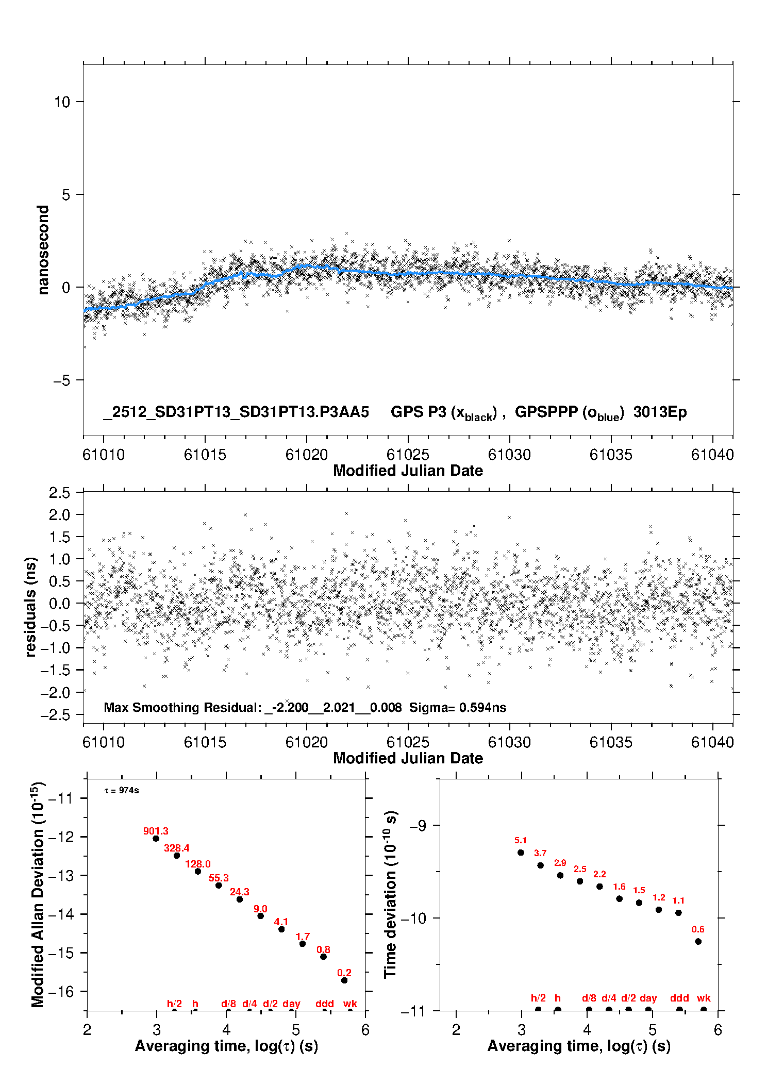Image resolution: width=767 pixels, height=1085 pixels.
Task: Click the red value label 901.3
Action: [x=156, y=831]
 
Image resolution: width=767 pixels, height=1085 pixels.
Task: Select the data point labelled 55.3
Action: [x=219, y=886]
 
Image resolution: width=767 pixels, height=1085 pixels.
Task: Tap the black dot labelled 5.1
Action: [x=521, y=853]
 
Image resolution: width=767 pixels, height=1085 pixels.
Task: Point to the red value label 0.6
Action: [x=698, y=929]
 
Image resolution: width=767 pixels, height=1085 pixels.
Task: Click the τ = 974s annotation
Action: [x=122, y=791]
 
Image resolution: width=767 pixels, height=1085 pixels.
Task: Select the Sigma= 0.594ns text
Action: [x=458, y=708]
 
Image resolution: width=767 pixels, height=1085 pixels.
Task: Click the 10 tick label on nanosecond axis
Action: [x=62, y=102]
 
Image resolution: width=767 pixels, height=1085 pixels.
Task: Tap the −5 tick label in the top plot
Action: [x=61, y=380]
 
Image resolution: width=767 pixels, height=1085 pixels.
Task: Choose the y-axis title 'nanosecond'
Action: [x=43, y=250]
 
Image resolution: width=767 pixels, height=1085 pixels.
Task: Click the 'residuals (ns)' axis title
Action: [x=31, y=607]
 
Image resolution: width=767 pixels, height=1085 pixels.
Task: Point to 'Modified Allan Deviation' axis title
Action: [x=37, y=894]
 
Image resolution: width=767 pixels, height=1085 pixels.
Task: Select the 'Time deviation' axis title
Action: [x=390, y=894]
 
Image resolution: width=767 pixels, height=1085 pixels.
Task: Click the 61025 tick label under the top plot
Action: [x=408, y=455]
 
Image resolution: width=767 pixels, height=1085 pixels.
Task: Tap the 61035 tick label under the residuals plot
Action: [x=611, y=743]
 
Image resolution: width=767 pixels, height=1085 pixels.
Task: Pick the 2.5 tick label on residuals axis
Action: [x=59, y=493]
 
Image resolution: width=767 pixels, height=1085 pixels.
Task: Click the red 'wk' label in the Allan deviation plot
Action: [x=350, y=1004]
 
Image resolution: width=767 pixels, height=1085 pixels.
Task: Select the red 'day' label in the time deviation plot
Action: [x=648, y=998]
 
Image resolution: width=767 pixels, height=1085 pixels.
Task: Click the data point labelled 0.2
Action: [x=344, y=980]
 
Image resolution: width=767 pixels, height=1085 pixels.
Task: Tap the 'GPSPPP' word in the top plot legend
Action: [x=546, y=412]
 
